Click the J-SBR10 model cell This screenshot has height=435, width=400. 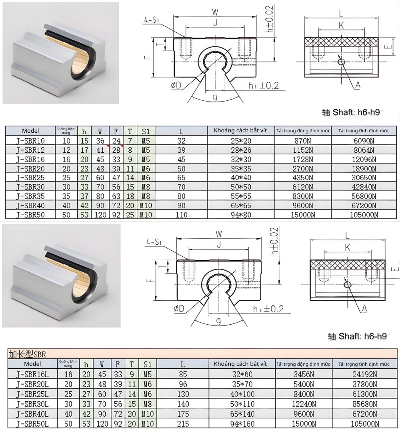point(30,140)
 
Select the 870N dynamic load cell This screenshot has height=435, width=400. point(303,140)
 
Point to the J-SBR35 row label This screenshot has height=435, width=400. point(30,196)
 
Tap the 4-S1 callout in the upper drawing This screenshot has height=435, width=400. point(152,18)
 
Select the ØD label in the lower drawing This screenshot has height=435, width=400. point(179,309)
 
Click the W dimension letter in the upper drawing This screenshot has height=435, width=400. point(215,12)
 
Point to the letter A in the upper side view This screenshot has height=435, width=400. point(358,85)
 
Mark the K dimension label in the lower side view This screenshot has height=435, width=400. point(347,248)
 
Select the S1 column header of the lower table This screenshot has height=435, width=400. point(147,364)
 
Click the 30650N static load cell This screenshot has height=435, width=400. point(364,178)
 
